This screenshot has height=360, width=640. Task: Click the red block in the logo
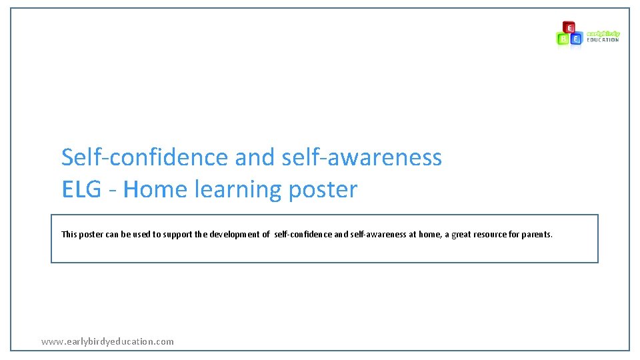tap(569, 27)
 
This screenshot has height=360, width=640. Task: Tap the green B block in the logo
tap(563, 39)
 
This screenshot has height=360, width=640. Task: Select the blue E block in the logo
tap(577, 39)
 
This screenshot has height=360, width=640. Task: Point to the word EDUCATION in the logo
tap(603, 40)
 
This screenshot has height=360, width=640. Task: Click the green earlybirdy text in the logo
tap(603, 33)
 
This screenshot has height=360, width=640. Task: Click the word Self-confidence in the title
tap(145, 157)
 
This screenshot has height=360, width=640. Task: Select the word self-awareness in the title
tap(362, 157)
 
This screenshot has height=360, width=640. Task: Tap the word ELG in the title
tap(81, 190)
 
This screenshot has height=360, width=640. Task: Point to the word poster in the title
tap(323, 190)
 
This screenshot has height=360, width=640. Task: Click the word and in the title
tap(255, 157)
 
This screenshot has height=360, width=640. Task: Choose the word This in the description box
tap(69, 235)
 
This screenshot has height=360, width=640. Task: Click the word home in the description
tap(429, 235)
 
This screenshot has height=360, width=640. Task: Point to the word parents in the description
tap(537, 235)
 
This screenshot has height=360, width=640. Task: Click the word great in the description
tap(463, 235)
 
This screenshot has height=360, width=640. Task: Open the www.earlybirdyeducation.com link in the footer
tap(107, 341)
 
